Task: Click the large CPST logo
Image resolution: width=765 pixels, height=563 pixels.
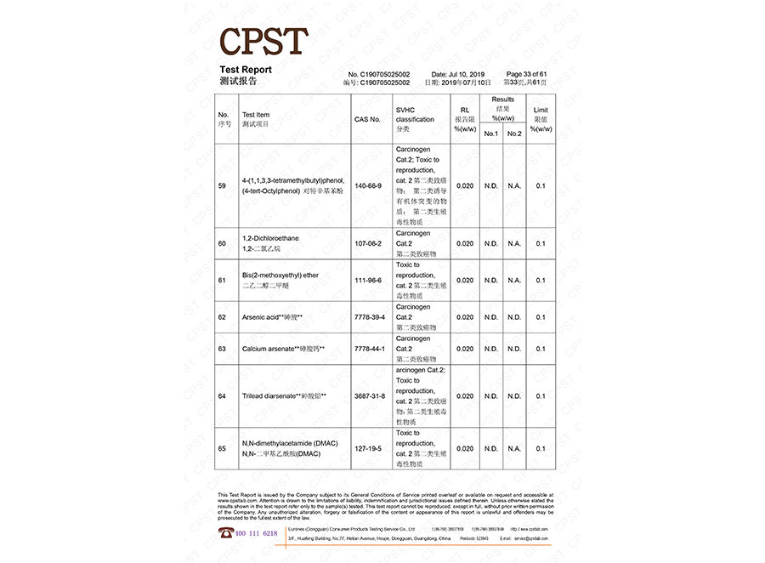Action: (263, 41)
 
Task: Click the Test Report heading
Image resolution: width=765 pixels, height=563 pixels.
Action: (246, 70)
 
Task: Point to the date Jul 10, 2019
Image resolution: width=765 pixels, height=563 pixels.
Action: (456, 75)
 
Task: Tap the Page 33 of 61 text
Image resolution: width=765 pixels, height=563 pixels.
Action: (526, 74)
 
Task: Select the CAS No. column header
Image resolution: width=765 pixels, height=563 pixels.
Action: (367, 119)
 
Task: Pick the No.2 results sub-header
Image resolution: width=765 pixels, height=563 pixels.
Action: (514, 134)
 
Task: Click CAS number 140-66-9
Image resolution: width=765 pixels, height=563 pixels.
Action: (368, 185)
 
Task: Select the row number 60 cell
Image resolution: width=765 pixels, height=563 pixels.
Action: (223, 243)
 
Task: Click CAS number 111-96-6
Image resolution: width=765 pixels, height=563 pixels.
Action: (368, 280)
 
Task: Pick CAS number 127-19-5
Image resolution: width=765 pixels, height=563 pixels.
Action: (368, 448)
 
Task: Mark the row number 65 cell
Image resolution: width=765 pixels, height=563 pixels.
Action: (223, 448)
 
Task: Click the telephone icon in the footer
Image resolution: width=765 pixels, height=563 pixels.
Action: (227, 532)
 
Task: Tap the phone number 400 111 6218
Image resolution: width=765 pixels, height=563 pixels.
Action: (258, 533)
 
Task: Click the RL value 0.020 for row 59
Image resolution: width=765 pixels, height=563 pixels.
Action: (465, 185)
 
